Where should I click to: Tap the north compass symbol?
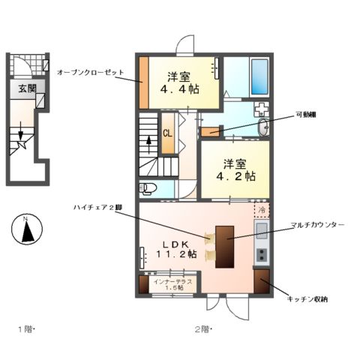pyautogui.click(x=26, y=229)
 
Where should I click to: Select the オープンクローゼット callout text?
pyautogui.click(x=89, y=72)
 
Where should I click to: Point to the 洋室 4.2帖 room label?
pyautogui.click(x=235, y=169)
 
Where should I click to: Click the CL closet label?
pyautogui.click(x=169, y=135)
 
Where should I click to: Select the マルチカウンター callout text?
pyautogui.click(x=319, y=225)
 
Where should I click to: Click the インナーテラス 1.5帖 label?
pyautogui.click(x=173, y=284)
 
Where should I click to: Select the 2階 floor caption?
pyautogui.click(x=202, y=330)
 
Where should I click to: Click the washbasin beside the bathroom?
pyautogui.click(x=262, y=128)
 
